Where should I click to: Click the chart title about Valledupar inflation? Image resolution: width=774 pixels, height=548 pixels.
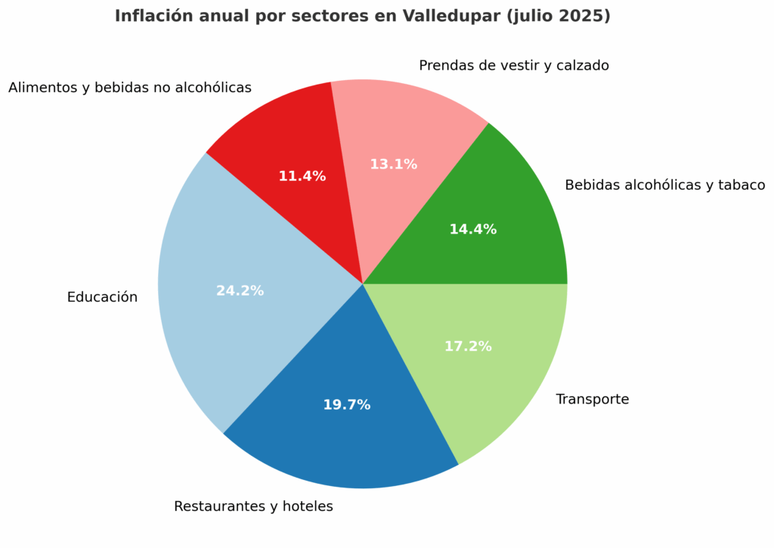[362, 16]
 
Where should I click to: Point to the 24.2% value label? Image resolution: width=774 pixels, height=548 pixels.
[240, 291]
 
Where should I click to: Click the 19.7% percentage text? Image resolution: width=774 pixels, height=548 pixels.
[346, 405]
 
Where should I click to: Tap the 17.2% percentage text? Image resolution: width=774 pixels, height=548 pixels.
[467, 347]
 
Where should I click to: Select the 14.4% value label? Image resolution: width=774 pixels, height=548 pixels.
[472, 230]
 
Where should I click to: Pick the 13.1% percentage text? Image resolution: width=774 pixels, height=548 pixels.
[393, 165]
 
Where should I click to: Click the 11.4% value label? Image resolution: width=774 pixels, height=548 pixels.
[302, 177]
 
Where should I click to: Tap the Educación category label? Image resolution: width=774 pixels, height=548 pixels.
[102, 298]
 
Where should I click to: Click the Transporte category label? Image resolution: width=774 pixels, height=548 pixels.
[592, 400]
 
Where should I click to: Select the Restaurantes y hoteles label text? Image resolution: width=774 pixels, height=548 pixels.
[253, 506]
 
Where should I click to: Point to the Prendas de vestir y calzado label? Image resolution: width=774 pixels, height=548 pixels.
[513, 66]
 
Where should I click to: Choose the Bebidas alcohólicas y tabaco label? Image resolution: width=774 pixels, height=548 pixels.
[664, 185]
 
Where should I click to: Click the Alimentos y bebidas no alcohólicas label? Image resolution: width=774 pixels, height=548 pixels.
[129, 88]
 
